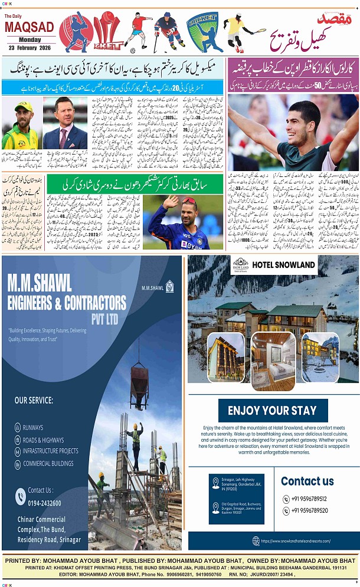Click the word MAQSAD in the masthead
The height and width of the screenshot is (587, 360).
coord(29,28)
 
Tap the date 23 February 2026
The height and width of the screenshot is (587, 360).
coord(29,47)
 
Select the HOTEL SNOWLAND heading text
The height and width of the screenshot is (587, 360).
coord(284,265)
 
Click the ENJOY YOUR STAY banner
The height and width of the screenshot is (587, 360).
coord(272,411)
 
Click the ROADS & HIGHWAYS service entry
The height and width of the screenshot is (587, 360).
coord(43,440)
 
